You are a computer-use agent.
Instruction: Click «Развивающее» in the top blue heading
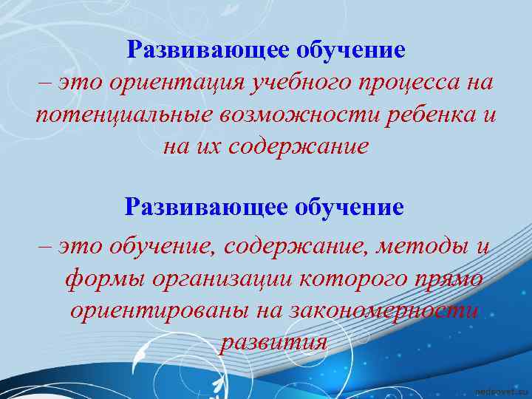[x=208, y=50]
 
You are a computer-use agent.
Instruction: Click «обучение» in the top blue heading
[x=351, y=50]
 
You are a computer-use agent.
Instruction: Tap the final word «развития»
[x=273, y=342]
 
